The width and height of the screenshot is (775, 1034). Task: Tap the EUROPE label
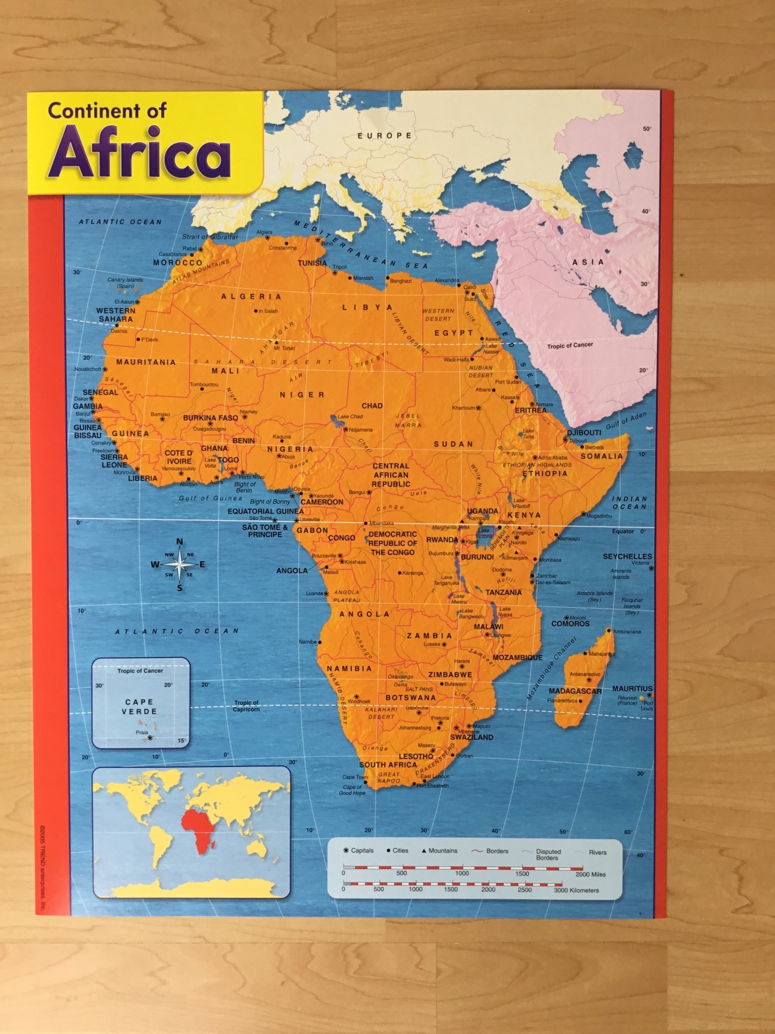pos(384,135)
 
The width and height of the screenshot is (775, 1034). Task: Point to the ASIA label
pos(588,262)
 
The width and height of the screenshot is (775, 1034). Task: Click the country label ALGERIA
pos(251,296)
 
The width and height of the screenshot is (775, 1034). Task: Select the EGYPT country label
pos(454,333)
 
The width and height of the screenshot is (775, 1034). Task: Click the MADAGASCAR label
pos(575,691)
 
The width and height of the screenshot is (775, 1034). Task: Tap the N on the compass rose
pos(180,542)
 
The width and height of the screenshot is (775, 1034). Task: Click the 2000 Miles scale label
pos(590,874)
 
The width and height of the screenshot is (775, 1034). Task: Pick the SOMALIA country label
pos(601,456)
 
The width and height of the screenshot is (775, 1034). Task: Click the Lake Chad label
pos(350,417)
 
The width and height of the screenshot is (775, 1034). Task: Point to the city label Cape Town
pos(355,777)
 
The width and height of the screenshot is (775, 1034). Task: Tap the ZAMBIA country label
pos(429,636)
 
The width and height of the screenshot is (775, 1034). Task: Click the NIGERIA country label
pos(290,449)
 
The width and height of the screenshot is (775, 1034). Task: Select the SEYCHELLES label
pos(627,556)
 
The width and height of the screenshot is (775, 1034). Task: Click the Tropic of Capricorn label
pos(246,706)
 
